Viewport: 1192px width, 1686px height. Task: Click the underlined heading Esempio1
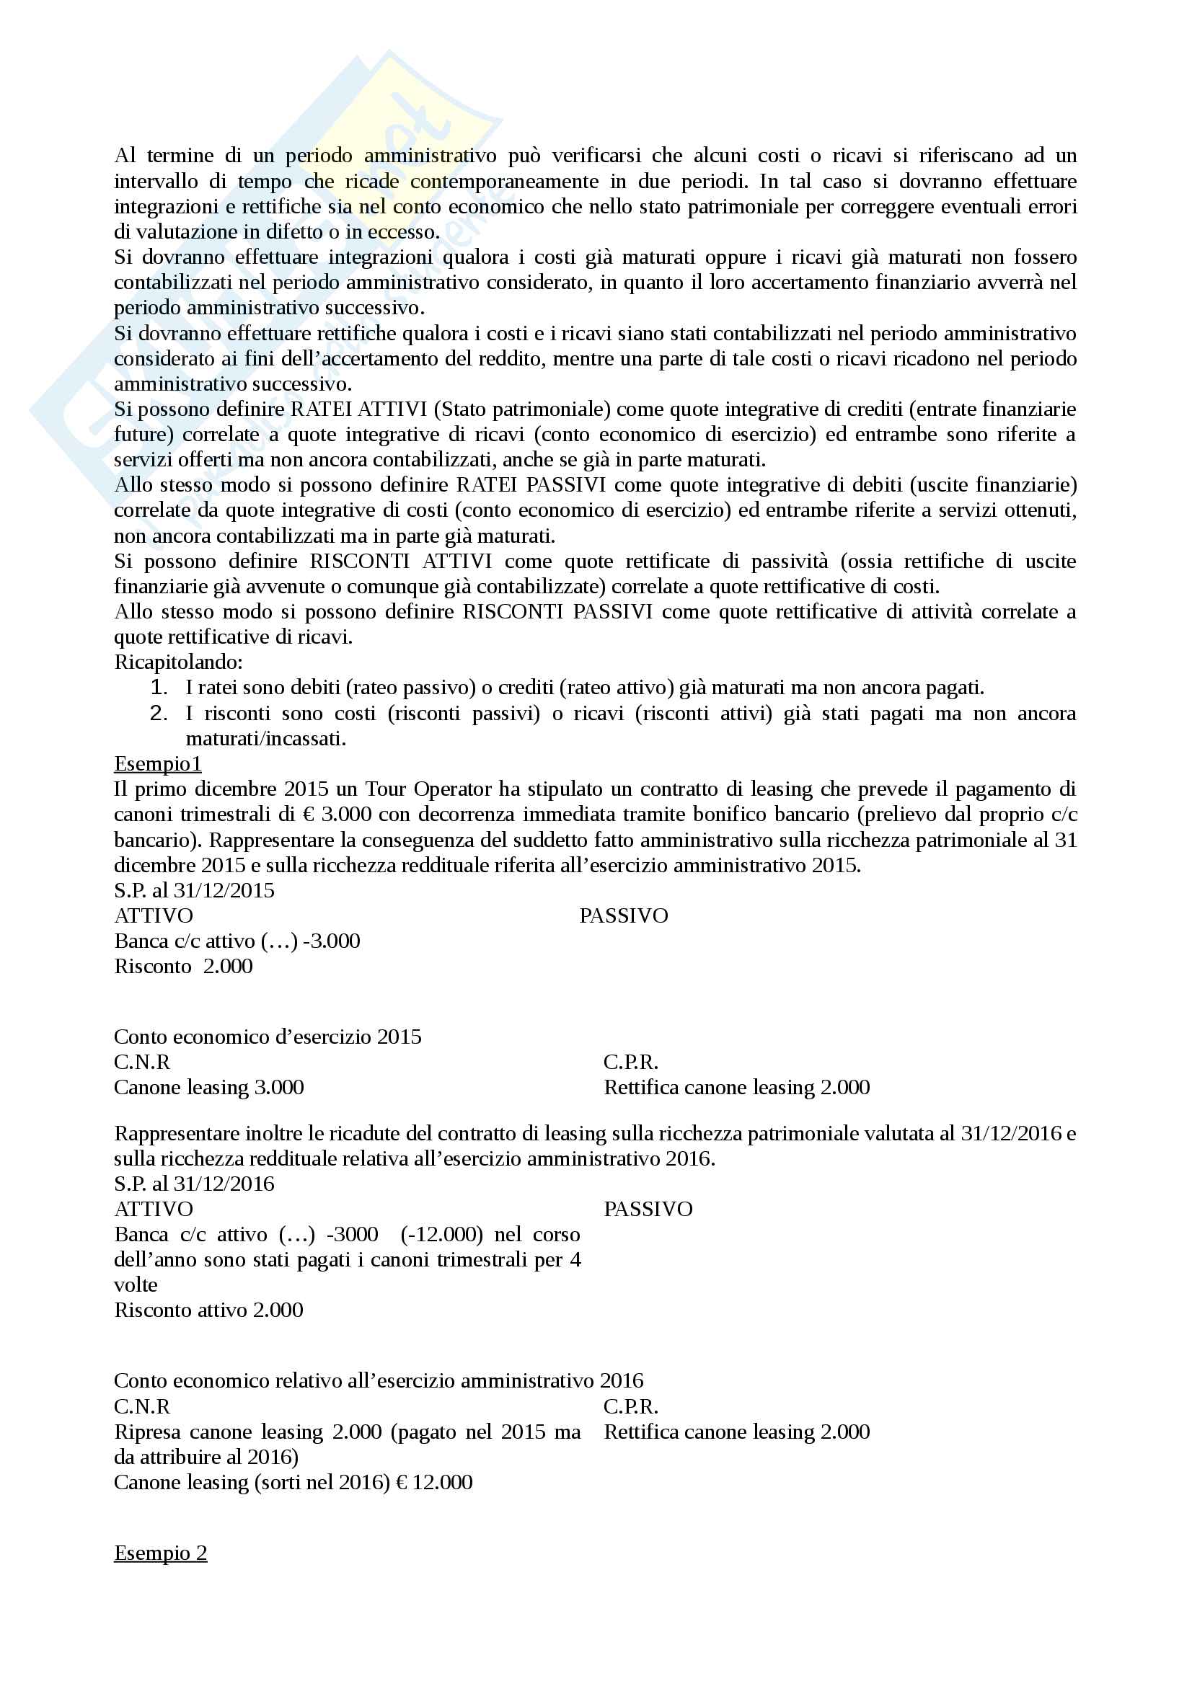[157, 763]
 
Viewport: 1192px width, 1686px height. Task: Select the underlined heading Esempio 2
[160, 1553]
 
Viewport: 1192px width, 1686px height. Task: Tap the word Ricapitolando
[177, 662]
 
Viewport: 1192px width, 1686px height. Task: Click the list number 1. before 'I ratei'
[159, 688]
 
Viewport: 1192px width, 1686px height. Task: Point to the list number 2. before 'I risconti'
[159, 713]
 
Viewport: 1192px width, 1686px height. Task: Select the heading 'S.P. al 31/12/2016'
[194, 1184]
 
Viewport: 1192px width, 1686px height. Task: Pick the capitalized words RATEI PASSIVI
[530, 485]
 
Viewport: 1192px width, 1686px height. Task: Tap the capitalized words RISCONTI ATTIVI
[400, 562]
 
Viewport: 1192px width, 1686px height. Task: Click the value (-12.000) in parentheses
[441, 1234]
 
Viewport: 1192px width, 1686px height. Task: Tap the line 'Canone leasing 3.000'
[208, 1088]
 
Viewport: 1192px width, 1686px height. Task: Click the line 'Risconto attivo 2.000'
[208, 1310]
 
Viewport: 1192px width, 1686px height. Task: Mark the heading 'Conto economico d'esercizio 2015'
[268, 1037]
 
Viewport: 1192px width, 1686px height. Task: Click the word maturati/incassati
[265, 739]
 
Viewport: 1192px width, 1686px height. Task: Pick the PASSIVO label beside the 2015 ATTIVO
[623, 915]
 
